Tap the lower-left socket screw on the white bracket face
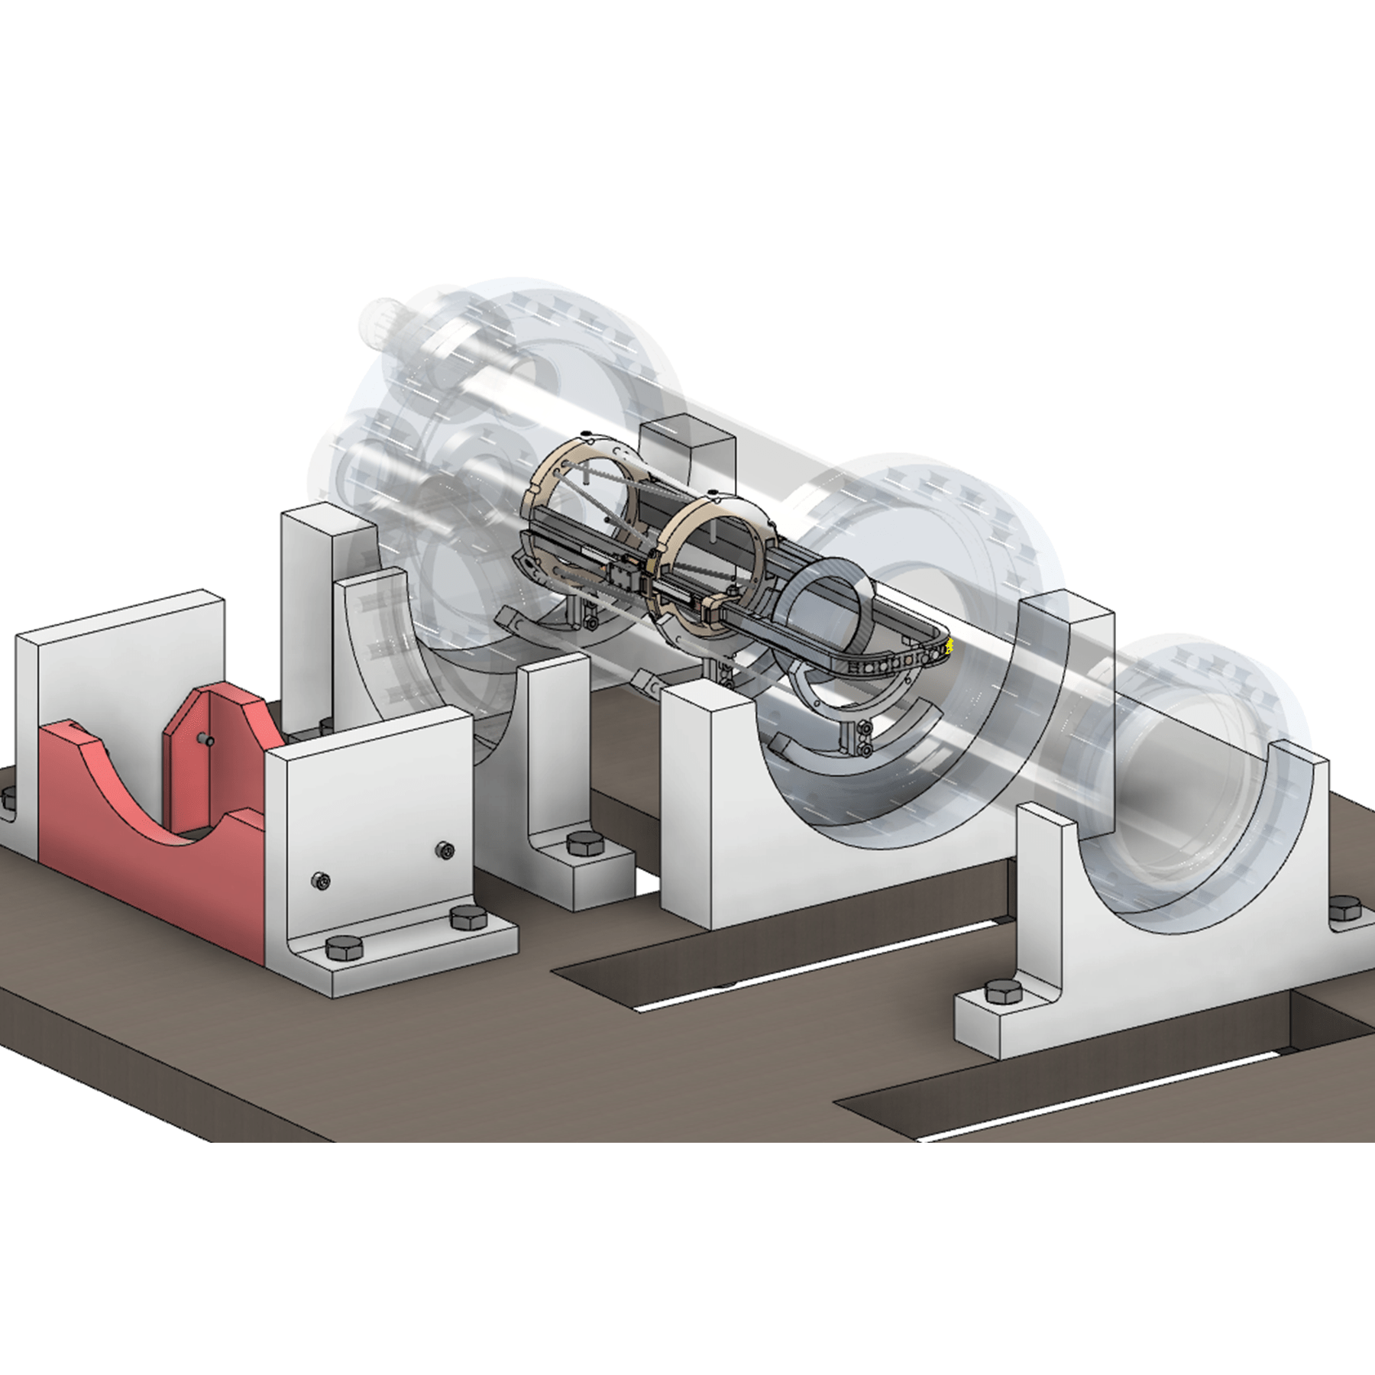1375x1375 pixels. point(323,882)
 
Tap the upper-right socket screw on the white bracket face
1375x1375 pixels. point(445,849)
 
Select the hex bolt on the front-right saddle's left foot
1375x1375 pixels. point(1003,993)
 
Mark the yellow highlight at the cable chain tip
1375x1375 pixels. point(950,648)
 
